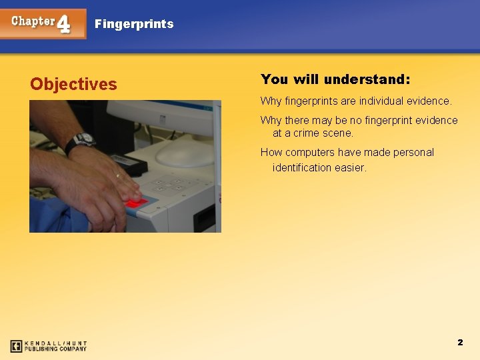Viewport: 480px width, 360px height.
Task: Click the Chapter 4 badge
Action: [x=43, y=23]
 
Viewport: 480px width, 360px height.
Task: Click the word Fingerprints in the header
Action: [x=134, y=24]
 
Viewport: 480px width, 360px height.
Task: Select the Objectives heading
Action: [x=73, y=84]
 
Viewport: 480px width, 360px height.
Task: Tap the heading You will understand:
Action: [x=335, y=79]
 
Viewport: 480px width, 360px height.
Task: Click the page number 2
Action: [x=460, y=342]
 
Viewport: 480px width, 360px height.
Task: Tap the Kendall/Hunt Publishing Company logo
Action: [x=49, y=345]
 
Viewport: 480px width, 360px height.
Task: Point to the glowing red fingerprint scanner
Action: [x=137, y=202]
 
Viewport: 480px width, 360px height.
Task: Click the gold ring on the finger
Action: [x=118, y=176]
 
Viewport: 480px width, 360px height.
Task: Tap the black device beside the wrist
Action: [x=127, y=163]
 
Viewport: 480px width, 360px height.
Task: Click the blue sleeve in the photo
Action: [x=57, y=217]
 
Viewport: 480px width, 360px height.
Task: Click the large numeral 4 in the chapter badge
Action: [x=63, y=25]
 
